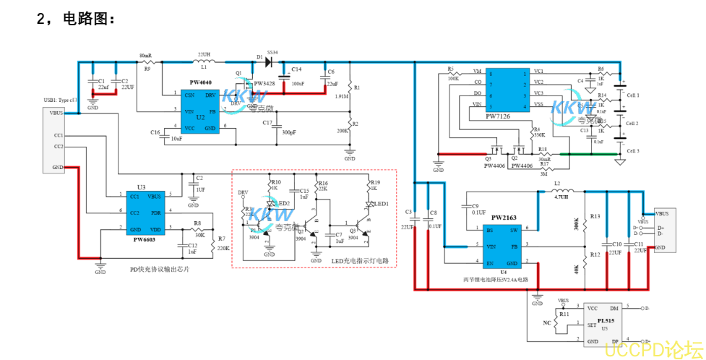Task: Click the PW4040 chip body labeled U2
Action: tap(200, 112)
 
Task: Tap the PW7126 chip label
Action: tap(497, 116)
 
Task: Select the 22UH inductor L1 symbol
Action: tap(204, 63)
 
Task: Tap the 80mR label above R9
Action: tap(145, 55)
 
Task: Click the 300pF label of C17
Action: tap(288, 132)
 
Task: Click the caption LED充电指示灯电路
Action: tap(360, 260)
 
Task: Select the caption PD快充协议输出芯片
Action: tap(160, 270)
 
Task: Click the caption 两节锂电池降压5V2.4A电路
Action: tap(495, 278)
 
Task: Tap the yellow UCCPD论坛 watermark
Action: tap(652, 349)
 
